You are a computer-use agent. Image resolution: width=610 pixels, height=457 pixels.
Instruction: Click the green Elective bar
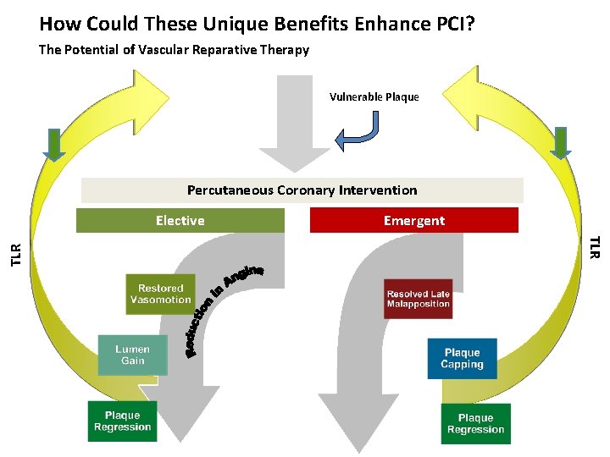click(x=180, y=220)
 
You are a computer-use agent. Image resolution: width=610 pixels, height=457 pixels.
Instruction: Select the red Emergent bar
click(x=413, y=220)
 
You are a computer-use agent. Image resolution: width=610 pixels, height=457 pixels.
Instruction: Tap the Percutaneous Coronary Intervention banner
click(x=302, y=190)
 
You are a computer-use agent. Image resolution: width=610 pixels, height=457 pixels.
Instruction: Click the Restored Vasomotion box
click(x=161, y=294)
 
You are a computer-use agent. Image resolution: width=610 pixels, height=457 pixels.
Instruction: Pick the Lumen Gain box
click(x=132, y=355)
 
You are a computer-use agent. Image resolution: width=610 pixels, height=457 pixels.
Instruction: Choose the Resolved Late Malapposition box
click(x=418, y=299)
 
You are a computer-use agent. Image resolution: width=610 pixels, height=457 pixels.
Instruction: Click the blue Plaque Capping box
click(x=462, y=359)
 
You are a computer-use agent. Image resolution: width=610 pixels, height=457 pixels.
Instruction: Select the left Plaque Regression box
click(x=122, y=421)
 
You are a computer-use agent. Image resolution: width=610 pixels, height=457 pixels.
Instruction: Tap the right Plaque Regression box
click(x=475, y=423)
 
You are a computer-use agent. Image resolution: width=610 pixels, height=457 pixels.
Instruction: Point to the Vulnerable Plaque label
click(x=374, y=96)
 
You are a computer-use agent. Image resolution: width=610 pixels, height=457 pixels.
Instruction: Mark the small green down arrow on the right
click(x=560, y=143)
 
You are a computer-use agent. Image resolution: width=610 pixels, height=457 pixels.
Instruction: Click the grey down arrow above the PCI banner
click(x=294, y=124)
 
